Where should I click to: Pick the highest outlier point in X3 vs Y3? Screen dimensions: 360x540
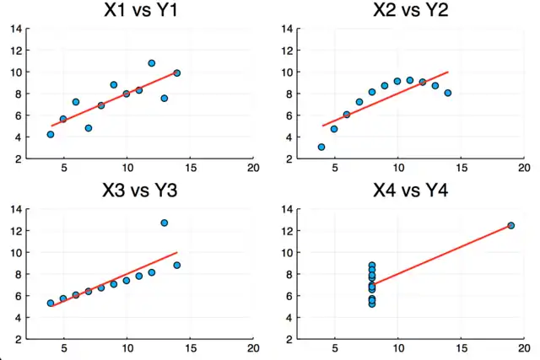[165, 223]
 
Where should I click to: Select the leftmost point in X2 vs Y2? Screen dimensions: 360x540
[321, 147]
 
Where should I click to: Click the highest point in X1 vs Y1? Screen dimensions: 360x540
[152, 63]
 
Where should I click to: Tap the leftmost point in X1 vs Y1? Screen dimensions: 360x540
[51, 134]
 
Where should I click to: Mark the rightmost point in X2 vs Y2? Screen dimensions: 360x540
[448, 93]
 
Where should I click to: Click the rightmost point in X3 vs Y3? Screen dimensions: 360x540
[177, 265]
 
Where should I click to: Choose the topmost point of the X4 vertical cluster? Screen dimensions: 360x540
[372, 266]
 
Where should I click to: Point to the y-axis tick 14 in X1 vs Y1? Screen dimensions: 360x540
[16, 29]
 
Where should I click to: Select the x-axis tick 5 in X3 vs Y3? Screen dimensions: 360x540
[63, 348]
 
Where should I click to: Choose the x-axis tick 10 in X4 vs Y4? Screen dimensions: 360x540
[397, 348]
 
